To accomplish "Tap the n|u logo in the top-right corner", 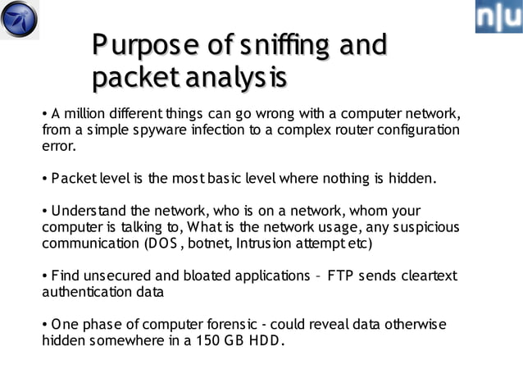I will click(x=498, y=16).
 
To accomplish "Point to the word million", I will click(x=87, y=112).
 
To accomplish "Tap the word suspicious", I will click(x=420, y=226).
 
